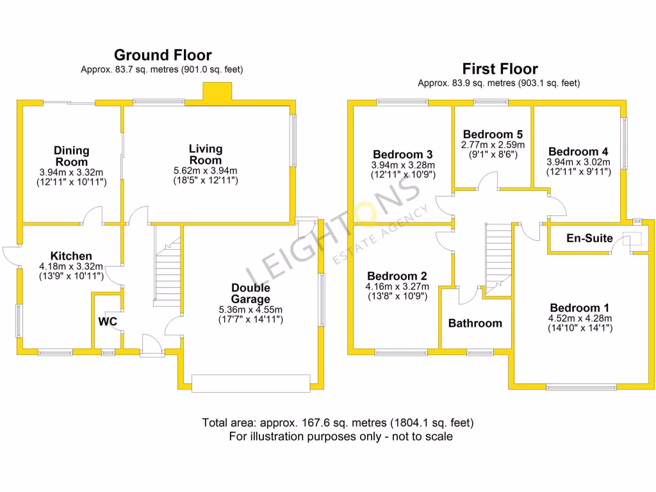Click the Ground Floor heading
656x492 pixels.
coord(163,55)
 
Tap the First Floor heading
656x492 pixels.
coord(500,69)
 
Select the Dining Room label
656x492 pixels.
coord(71,156)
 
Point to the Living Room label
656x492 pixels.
coord(206,154)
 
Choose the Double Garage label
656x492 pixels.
coord(250,293)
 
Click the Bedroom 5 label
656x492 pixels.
coord(493,135)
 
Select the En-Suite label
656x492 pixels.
coord(589,238)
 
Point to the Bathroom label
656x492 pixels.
coord(475,323)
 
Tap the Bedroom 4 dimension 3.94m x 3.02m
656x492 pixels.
coord(578,162)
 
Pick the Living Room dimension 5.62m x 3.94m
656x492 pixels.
coord(206,170)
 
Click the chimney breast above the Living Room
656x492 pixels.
coord(217,92)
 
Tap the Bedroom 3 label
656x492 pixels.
coord(403,154)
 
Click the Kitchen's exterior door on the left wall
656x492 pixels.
coord(10,255)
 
